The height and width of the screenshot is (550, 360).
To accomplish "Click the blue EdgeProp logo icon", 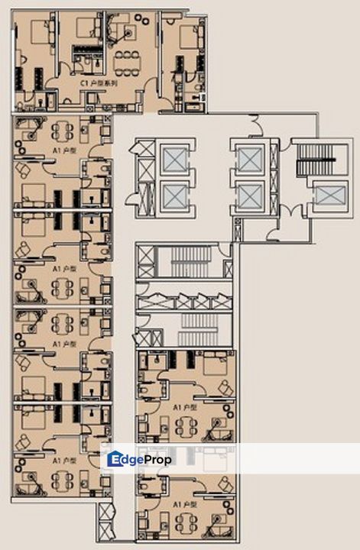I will point(115,459).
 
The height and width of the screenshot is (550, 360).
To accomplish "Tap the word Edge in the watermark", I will point(138,459).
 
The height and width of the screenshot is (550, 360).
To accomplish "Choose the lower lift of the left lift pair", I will point(174,197).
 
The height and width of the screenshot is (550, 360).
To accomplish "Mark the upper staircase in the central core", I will point(183,264).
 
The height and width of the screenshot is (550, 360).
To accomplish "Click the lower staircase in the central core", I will point(183,334).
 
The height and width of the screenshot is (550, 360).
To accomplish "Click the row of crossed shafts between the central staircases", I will point(183,302).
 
